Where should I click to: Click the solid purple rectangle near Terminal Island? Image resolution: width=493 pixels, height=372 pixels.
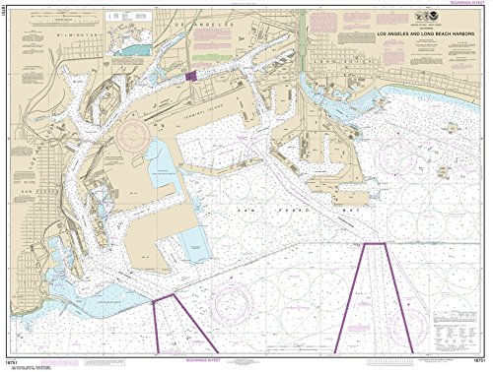pos(191,73)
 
